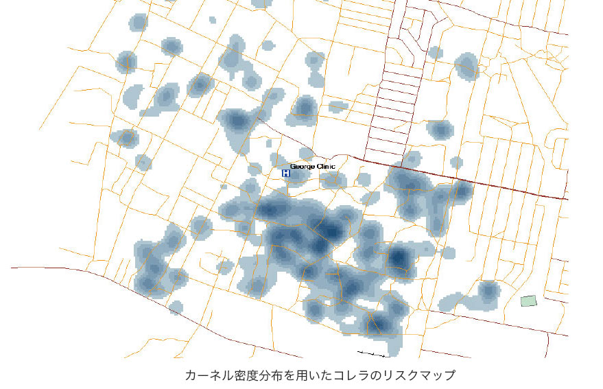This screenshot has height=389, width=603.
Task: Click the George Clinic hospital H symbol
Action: coord(286,173)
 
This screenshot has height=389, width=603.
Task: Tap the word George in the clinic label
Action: coord(301,167)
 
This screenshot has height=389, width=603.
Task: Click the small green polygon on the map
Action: coord(528,300)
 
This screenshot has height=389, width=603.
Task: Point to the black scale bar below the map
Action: coord(371,354)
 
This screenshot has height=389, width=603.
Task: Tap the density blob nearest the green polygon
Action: coord(488,291)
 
